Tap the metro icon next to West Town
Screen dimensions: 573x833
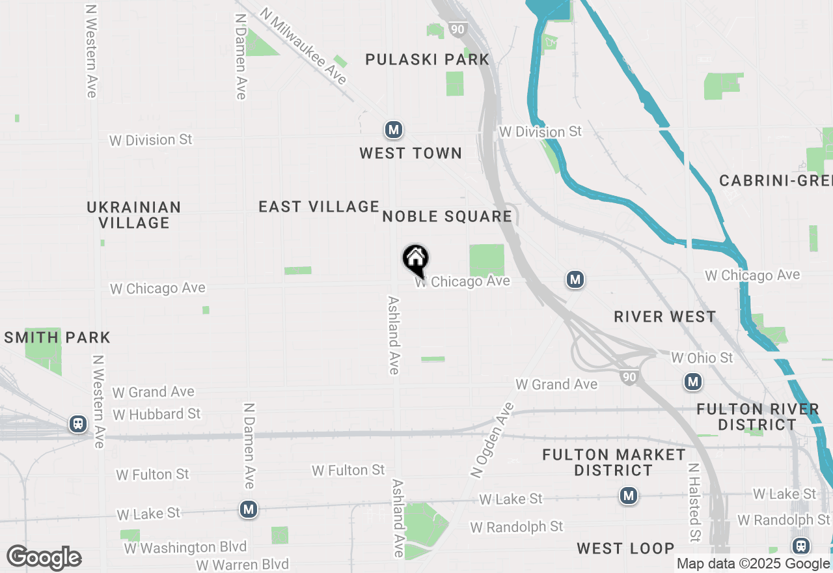pyautogui.click(x=393, y=130)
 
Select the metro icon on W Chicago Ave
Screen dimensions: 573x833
pyautogui.click(x=575, y=280)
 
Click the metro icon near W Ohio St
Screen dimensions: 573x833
pyautogui.click(x=693, y=382)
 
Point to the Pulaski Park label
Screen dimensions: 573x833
pyautogui.click(x=427, y=60)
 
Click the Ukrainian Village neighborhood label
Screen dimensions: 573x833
pyautogui.click(x=134, y=215)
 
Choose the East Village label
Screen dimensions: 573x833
pyautogui.click(x=319, y=207)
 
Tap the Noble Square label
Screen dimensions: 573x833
pyautogui.click(x=447, y=216)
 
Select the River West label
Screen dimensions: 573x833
pyautogui.click(x=665, y=317)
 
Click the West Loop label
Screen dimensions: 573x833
pyautogui.click(x=625, y=548)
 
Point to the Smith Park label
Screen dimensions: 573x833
pyautogui.click(x=57, y=337)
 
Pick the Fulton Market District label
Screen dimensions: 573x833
pyautogui.click(x=614, y=462)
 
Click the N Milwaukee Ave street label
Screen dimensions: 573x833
pyautogui.click(x=303, y=46)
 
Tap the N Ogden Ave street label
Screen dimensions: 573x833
pyautogui.click(x=491, y=440)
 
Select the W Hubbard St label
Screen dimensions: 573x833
pyautogui.click(x=157, y=414)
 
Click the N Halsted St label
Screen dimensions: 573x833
pyautogui.click(x=694, y=503)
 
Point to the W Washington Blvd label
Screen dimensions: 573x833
pyautogui.click(x=185, y=548)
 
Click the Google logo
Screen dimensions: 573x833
pyautogui.click(x=44, y=558)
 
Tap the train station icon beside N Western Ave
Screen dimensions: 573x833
pyautogui.click(x=79, y=425)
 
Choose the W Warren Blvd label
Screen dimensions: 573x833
pyautogui.click(x=243, y=564)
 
